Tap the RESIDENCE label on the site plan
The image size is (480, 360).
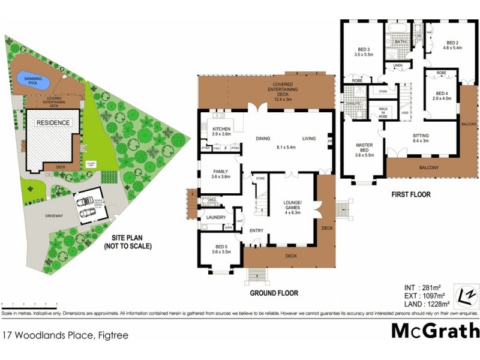point(54,122)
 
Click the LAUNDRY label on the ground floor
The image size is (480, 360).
point(215,217)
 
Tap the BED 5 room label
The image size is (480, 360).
point(221,250)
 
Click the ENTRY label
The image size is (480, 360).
point(257,230)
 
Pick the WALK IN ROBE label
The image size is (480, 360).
point(382,113)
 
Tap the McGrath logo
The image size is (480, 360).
point(435,331)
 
